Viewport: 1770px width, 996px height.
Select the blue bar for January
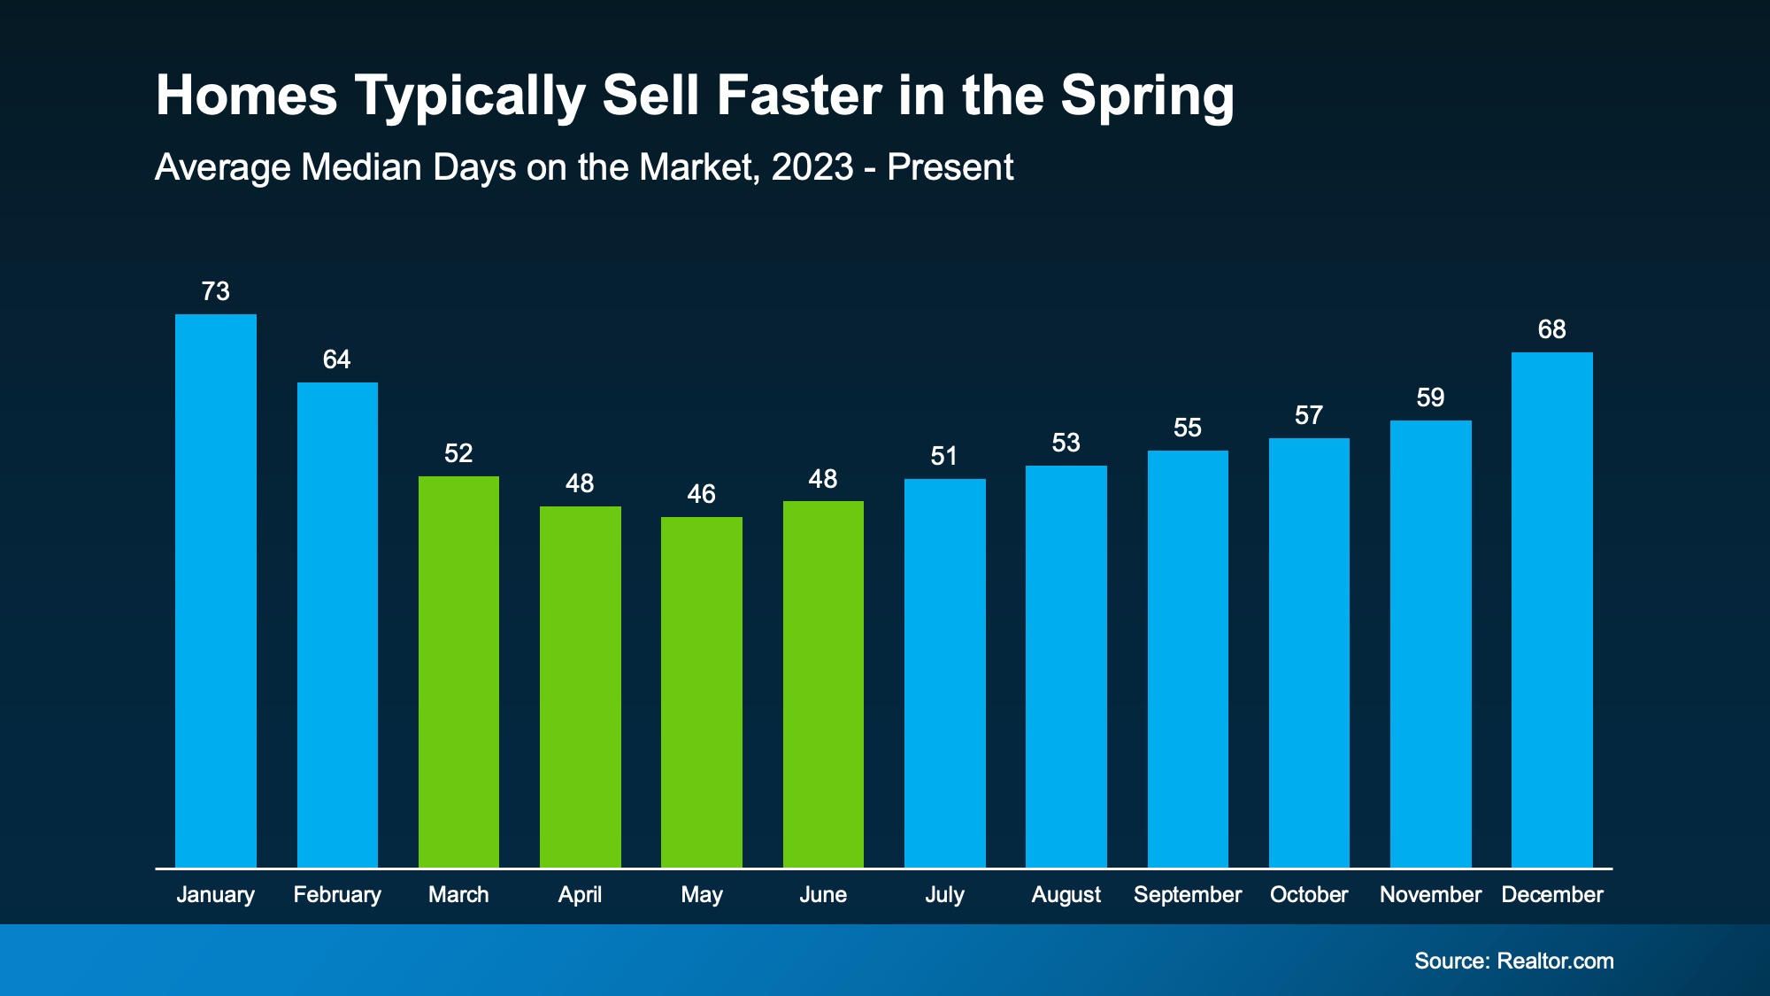tap(216, 591)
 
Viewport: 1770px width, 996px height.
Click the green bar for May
tap(702, 691)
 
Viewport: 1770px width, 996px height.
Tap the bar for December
tap(1552, 609)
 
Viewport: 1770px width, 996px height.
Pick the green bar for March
tap(458, 671)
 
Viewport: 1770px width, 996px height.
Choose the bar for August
tap(1066, 666)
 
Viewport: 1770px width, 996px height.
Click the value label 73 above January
tap(216, 291)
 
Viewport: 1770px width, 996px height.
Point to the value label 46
tap(702, 494)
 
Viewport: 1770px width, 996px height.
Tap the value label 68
tap(1552, 329)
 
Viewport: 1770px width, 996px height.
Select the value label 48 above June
tap(823, 479)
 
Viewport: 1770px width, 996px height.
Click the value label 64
tap(337, 359)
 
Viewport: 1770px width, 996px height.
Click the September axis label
tap(1188, 894)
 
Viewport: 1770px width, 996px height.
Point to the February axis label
tap(337, 894)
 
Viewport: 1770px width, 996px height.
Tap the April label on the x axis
tap(580, 894)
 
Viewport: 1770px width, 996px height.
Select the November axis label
tap(1430, 894)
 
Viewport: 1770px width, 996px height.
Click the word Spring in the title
tap(1147, 96)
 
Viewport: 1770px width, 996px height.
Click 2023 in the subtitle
tap(812, 167)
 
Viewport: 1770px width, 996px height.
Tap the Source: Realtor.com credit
tap(1513, 961)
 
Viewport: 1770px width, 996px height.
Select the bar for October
tap(1309, 652)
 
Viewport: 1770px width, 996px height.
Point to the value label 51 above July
tap(944, 456)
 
